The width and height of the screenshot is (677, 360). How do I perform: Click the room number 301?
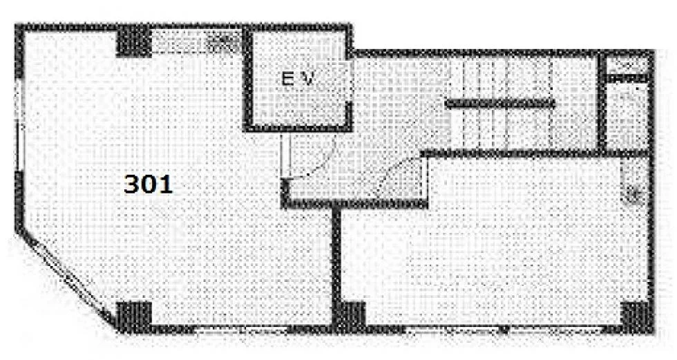click(148, 184)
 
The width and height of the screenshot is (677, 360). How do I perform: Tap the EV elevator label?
click(297, 79)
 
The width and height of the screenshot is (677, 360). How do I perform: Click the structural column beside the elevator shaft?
click(134, 41)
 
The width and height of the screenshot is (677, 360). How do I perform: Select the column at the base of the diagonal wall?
click(134, 317)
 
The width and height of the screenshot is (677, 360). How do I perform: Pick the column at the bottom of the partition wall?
click(350, 317)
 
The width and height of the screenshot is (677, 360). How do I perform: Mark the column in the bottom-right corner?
click(637, 317)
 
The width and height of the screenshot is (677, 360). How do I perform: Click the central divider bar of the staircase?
click(500, 104)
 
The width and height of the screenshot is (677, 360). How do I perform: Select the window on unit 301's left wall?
click(18, 124)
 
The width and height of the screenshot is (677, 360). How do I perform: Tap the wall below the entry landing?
click(354, 203)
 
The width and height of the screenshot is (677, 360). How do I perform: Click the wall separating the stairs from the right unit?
click(535, 153)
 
